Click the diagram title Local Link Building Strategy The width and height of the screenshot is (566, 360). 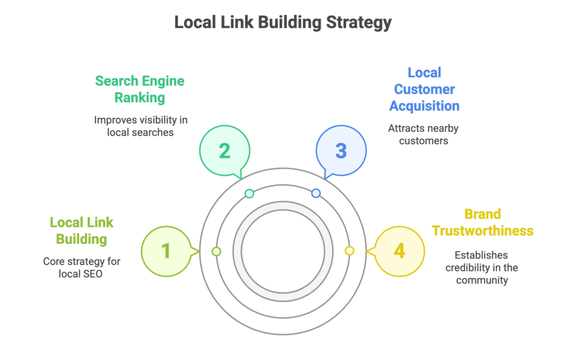coord(282,23)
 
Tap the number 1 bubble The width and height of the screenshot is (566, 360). coord(166,251)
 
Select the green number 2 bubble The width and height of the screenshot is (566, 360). coord(224,150)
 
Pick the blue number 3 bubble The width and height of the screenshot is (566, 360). coord(341,150)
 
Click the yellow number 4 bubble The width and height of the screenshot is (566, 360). coord(399,251)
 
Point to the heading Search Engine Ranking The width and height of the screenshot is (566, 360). coord(139,89)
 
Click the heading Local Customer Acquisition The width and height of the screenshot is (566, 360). coord(424,89)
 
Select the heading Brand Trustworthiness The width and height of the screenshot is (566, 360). coord(483,222)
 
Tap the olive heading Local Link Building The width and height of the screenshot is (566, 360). coord(81,231)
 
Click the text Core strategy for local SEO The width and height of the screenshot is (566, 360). coord(81,267)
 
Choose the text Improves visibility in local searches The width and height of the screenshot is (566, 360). coord(140,126)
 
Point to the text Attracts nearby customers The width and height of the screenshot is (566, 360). coord(423,134)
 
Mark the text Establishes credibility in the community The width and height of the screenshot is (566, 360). coord(482,268)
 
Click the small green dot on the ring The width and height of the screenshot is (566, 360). coord(249,194)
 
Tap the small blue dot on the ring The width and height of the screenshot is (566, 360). coord(316,194)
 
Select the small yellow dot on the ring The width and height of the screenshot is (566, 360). coord(349,251)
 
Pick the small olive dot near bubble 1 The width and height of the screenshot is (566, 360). coord(216,251)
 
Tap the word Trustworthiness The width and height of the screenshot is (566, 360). coord(483,231)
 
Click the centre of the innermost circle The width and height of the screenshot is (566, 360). coord(282,251)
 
